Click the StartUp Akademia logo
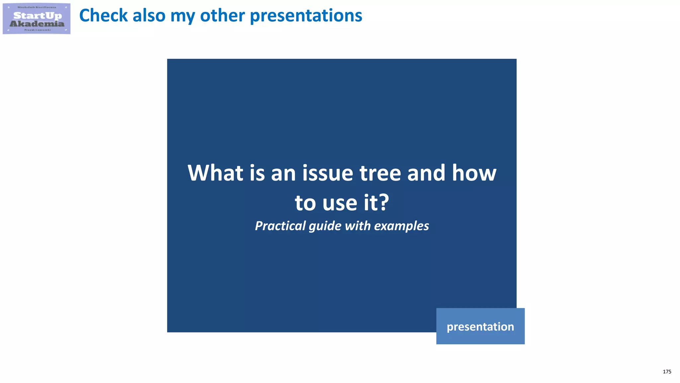click(x=37, y=19)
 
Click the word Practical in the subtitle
click(x=280, y=226)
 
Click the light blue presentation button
click(x=480, y=326)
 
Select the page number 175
click(x=667, y=372)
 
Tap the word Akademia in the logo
click(x=37, y=24)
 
